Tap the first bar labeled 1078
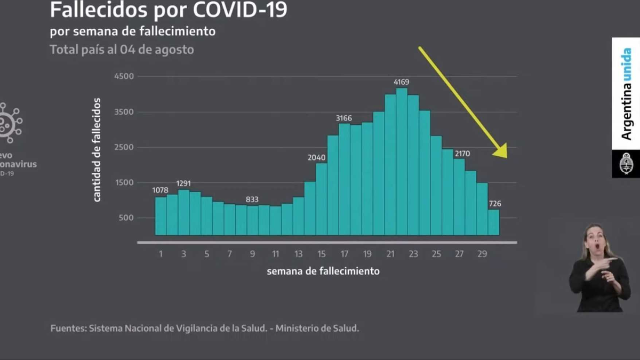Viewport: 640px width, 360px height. (x=161, y=216)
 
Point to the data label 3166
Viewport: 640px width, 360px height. (x=345, y=118)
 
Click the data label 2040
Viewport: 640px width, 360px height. (x=316, y=157)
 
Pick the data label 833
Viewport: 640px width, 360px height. (x=252, y=199)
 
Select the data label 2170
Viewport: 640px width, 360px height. (x=462, y=154)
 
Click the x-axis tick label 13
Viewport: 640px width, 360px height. (x=299, y=254)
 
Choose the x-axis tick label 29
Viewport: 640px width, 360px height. (x=482, y=254)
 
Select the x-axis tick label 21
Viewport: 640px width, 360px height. (x=390, y=254)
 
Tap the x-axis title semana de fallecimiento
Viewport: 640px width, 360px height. (x=323, y=271)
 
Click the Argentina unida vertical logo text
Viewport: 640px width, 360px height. (x=626, y=94)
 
